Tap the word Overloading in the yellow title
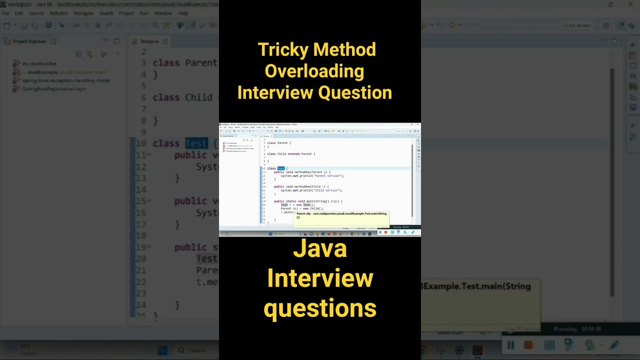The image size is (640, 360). (x=314, y=71)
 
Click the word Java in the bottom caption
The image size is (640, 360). (x=320, y=248)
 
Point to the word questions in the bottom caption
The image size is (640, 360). (x=320, y=308)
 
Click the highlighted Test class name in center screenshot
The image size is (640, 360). (x=281, y=168)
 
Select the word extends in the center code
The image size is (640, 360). (x=293, y=154)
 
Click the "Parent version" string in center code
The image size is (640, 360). (x=326, y=176)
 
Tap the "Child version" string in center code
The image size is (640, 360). (x=325, y=190)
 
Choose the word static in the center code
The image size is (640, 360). (x=291, y=201)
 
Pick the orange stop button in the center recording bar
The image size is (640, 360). (x=385, y=232)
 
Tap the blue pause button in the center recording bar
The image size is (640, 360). (x=380, y=232)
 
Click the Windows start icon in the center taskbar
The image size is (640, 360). (x=270, y=233)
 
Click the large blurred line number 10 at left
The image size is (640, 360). (x=141, y=143)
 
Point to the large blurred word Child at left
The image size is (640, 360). (x=198, y=97)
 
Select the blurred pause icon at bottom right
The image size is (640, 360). (x=510, y=345)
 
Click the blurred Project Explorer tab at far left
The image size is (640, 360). (x=29, y=41)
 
